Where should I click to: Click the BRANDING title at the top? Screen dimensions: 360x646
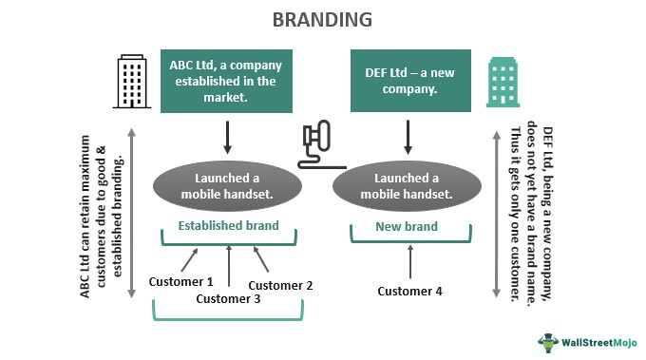click(322, 19)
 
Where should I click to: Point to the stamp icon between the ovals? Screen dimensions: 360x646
click(316, 144)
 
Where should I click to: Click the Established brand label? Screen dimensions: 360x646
click(228, 226)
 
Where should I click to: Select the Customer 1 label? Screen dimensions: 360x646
click(181, 281)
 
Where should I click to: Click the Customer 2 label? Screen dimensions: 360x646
click(280, 284)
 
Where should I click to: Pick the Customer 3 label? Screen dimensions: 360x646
click(228, 298)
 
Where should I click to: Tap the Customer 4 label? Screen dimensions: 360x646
click(409, 291)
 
